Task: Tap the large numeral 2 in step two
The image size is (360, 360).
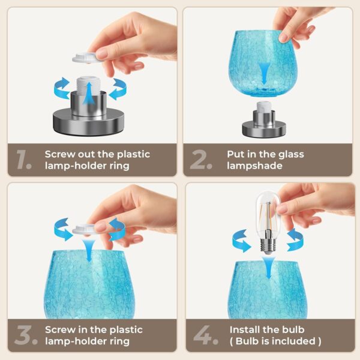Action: (x=198, y=159)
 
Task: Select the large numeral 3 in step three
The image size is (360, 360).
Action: (x=23, y=335)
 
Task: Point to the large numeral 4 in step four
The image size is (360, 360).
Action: (x=202, y=335)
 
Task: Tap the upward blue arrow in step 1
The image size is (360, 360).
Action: (x=88, y=94)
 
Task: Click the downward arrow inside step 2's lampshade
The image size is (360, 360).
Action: (x=264, y=73)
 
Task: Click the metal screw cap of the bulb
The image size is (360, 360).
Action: (x=266, y=245)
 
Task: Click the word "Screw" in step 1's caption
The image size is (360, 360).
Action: (x=60, y=154)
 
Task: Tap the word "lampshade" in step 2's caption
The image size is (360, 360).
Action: (x=254, y=166)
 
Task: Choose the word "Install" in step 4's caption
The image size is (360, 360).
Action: (x=243, y=329)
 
